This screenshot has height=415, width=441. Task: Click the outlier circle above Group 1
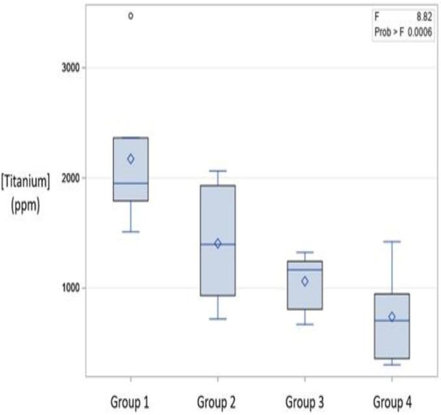[x=131, y=16]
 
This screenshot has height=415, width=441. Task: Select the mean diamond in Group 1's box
[x=131, y=159]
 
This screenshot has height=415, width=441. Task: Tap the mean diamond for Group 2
[x=218, y=243]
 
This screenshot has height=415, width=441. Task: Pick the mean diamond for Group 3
[x=304, y=281]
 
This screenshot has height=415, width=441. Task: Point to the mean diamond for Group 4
[x=392, y=317]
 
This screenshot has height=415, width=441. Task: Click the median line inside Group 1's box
[x=131, y=183]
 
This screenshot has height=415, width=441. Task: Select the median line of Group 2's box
[x=218, y=244]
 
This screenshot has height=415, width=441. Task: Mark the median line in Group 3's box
[x=304, y=270]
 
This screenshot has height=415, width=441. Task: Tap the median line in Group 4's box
[x=392, y=321]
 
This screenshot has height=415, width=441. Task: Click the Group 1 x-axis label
[x=131, y=401]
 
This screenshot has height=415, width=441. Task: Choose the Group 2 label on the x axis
[x=218, y=401]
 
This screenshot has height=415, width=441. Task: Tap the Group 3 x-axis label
[x=304, y=401]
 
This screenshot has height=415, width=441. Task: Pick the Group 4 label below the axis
[x=392, y=401]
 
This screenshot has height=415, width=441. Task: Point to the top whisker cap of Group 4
[x=392, y=241]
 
